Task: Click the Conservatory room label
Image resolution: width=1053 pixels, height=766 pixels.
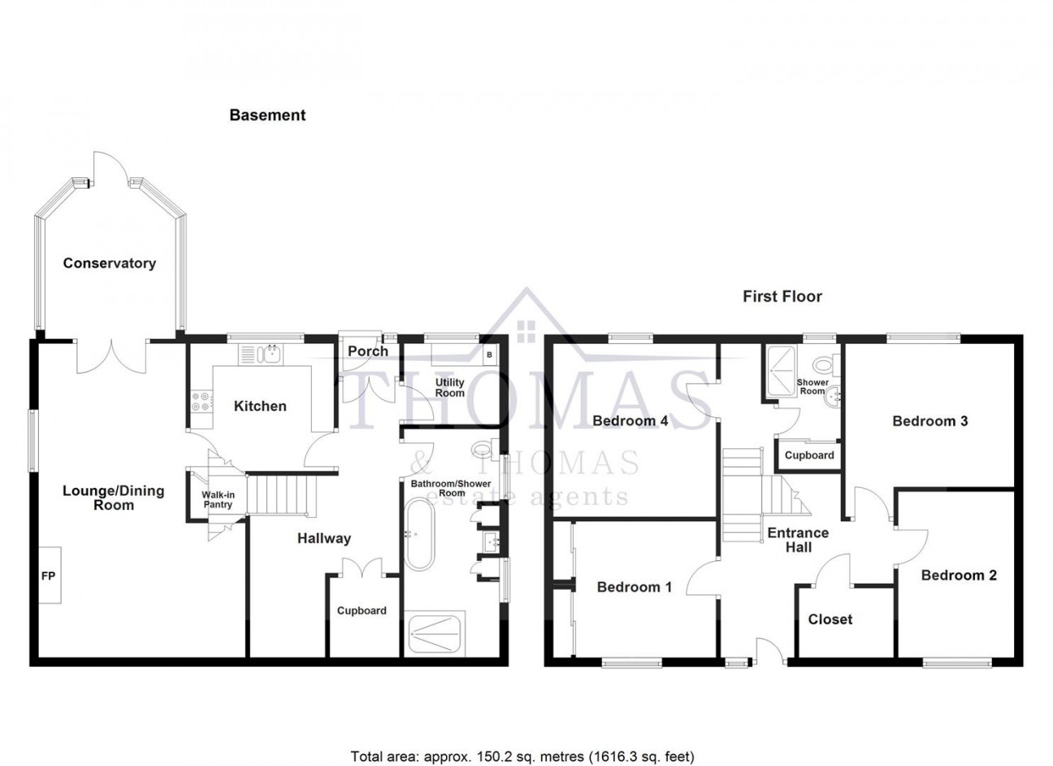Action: [110, 263]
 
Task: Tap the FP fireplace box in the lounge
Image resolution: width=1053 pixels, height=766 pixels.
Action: [50, 575]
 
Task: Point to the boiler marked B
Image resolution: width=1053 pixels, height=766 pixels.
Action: [489, 355]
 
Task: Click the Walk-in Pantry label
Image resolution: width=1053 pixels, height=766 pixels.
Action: [218, 499]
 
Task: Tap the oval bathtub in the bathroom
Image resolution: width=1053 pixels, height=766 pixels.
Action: [420, 534]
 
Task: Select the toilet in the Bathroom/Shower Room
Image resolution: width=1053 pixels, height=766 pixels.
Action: [485, 449]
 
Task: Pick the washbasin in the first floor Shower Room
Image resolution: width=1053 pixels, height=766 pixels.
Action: [833, 398]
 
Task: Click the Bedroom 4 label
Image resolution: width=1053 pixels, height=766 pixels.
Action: [630, 420]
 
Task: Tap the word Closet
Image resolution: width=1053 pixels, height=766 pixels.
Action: [830, 619]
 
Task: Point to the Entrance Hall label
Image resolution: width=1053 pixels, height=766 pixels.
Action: [798, 540]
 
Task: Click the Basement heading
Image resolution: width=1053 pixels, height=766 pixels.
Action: [267, 115]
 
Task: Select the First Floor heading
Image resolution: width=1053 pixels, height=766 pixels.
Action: [782, 297]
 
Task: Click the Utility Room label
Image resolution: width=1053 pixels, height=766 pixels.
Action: [450, 388]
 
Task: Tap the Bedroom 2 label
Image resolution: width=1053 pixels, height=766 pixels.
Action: [959, 575]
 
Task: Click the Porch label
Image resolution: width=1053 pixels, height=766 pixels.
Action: [368, 351]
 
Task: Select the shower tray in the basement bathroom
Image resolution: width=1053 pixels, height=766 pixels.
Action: [435, 632]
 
